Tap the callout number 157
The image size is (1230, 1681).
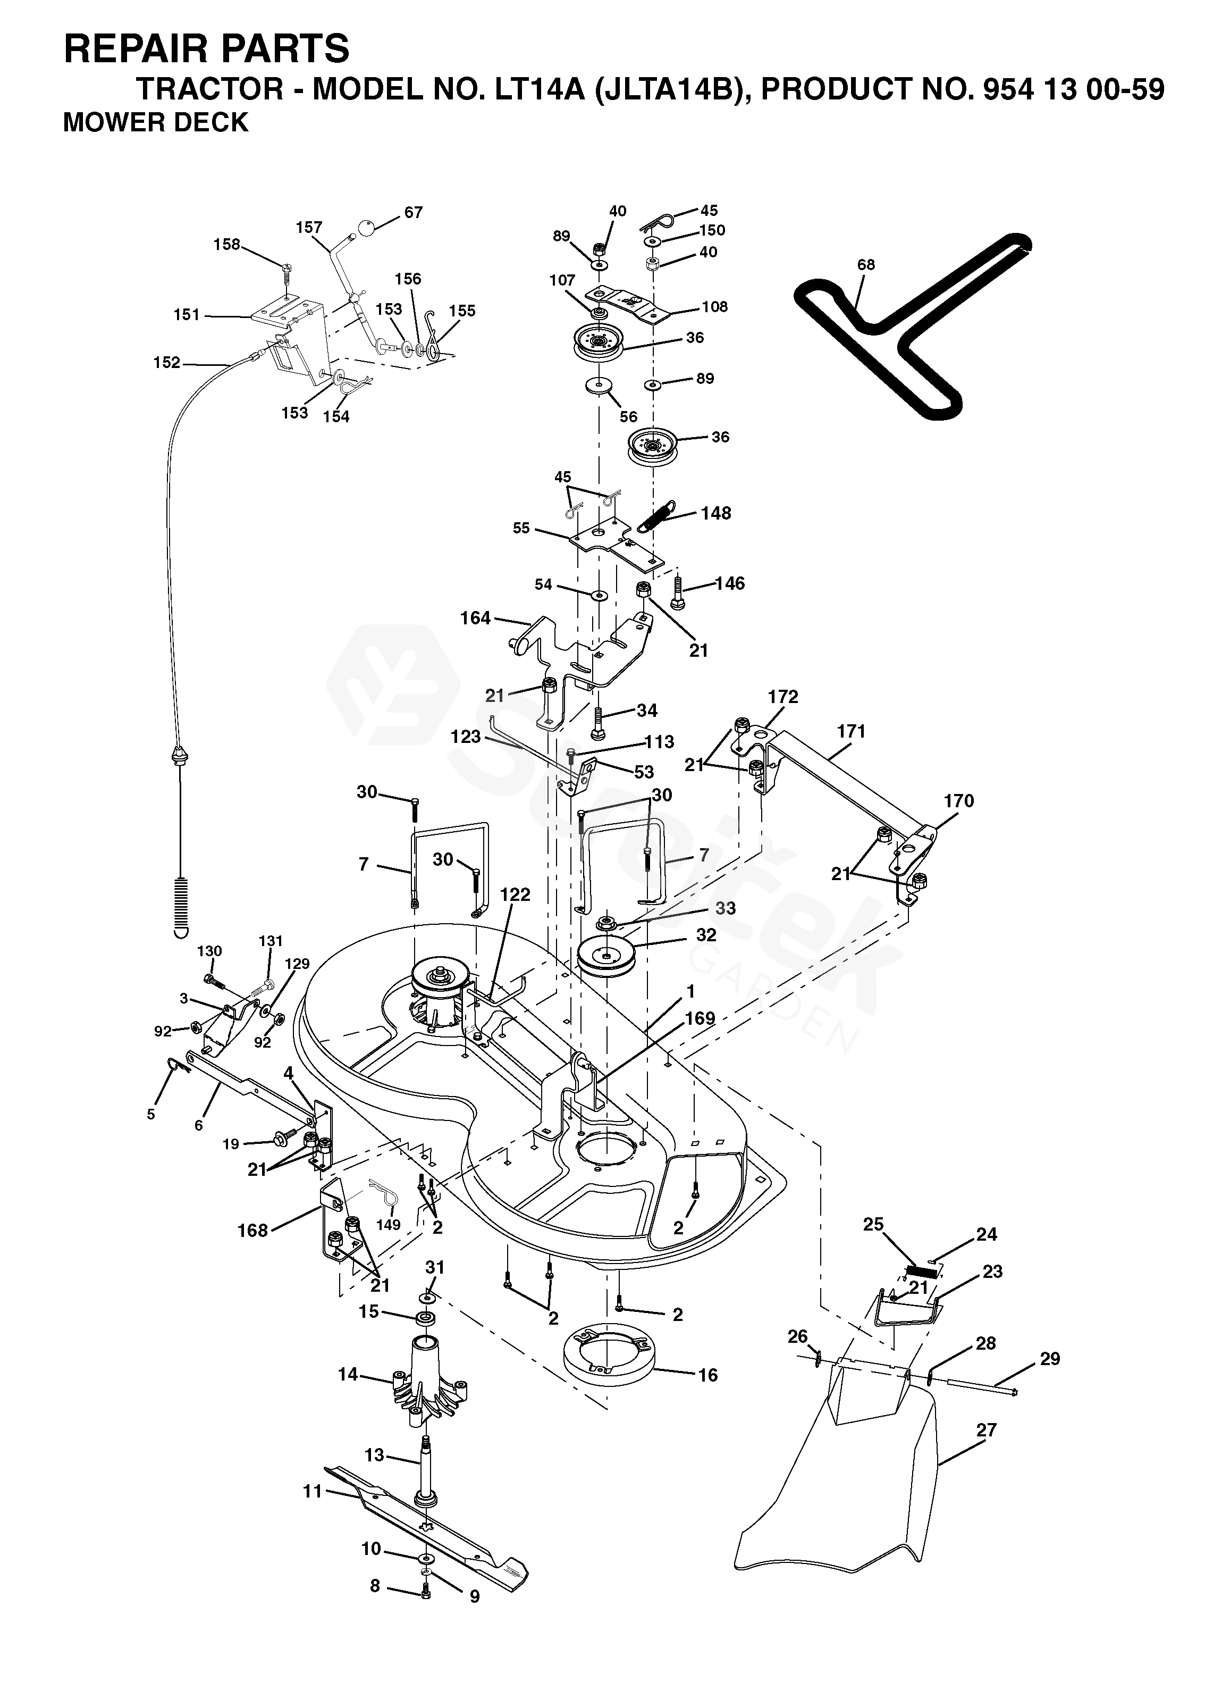tap(309, 227)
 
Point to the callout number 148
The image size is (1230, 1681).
tap(715, 513)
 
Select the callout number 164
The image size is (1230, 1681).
tap(476, 617)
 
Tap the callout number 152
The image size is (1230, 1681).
tap(167, 362)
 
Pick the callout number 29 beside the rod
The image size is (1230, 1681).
tap(1050, 1359)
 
